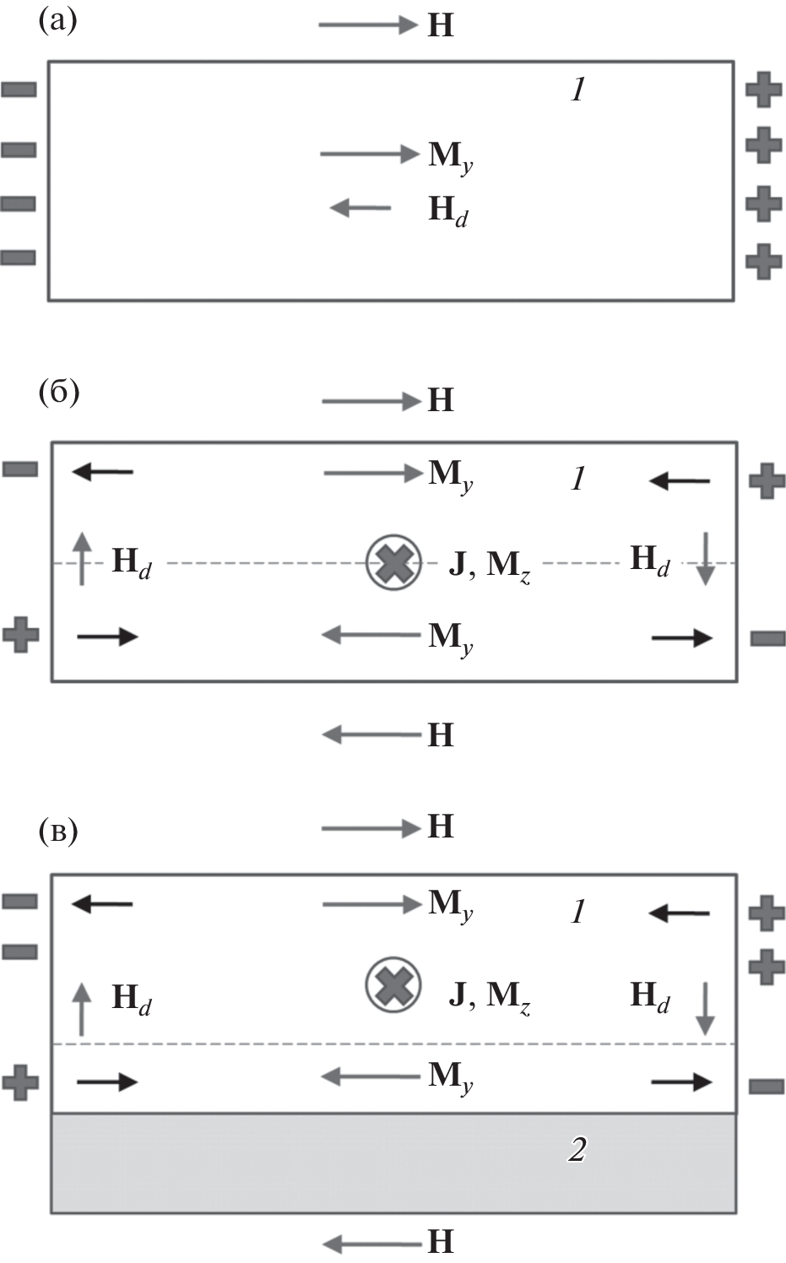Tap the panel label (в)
57,832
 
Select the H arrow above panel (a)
368,25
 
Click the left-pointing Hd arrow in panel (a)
360,207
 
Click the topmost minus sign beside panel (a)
19,89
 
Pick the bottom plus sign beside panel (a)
764,260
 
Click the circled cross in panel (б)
393,563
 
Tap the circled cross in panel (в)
393,985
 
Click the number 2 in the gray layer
577,1150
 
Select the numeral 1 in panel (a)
577,89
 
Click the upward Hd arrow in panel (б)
81,558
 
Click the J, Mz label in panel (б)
489,565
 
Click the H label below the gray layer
441,1241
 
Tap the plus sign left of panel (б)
21,634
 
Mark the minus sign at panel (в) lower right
767,1086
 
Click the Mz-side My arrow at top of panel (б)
371,474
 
